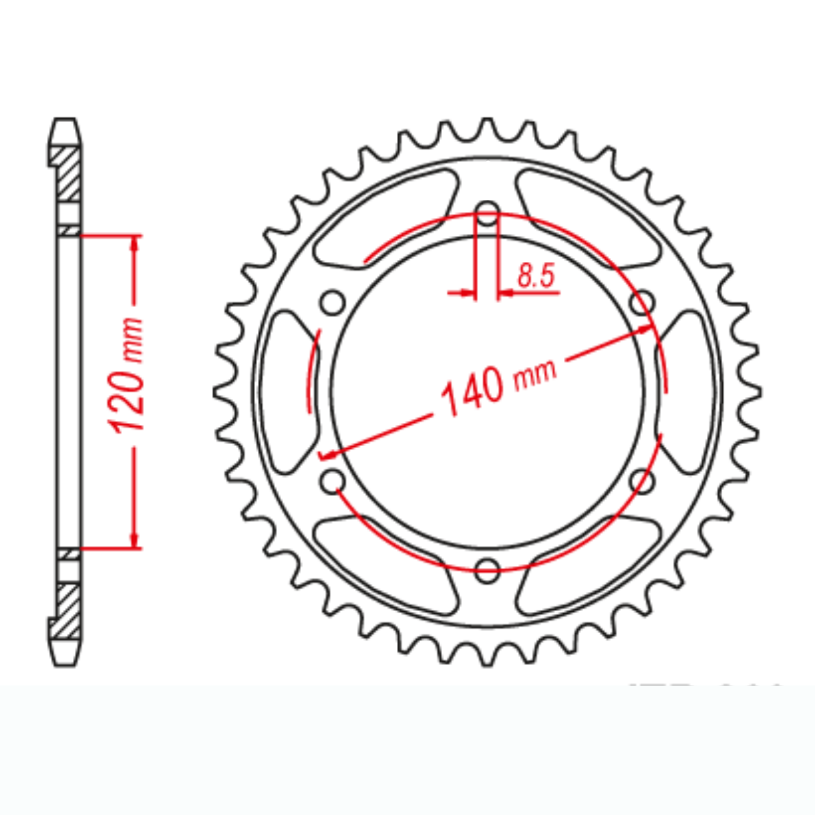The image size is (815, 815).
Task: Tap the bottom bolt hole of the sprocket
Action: [487, 570]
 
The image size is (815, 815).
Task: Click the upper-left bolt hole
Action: [333, 304]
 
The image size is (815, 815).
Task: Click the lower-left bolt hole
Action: [333, 481]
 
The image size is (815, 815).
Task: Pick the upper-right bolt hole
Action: [642, 304]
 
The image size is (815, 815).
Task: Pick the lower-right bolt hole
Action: [642, 481]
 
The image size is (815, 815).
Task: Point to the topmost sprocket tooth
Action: [487, 125]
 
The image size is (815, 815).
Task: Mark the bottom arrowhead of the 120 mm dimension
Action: [134, 540]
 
